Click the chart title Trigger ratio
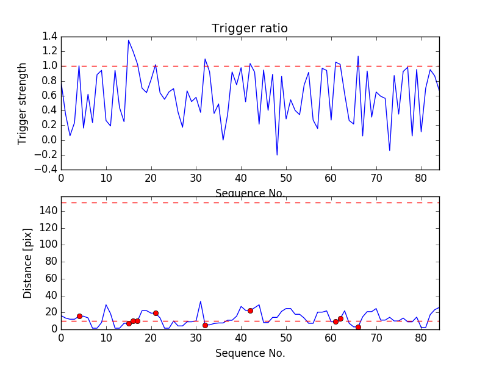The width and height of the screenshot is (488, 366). [x=249, y=29]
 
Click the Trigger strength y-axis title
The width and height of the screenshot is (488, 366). [x=23, y=103]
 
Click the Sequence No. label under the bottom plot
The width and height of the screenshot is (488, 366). [x=249, y=353]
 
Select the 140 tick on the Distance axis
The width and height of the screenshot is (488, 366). [x=49, y=211]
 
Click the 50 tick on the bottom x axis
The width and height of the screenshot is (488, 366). [x=286, y=337]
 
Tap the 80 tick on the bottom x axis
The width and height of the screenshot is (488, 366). [x=421, y=337]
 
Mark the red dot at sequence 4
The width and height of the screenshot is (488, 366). [x=79, y=316]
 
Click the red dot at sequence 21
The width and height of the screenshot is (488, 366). [x=156, y=313]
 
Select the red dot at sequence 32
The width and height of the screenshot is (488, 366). [x=205, y=325]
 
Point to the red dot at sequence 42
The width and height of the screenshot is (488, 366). [x=250, y=310]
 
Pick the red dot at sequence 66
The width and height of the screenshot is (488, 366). [x=358, y=327]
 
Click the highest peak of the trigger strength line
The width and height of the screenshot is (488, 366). [x=129, y=40]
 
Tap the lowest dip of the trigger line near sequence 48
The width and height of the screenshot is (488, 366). [x=277, y=155]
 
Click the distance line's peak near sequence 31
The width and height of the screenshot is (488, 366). [x=201, y=301]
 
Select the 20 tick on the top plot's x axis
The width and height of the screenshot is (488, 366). [x=151, y=178]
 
